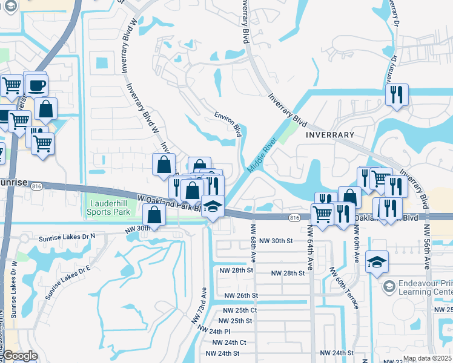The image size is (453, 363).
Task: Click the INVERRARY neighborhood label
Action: click(x=330, y=134)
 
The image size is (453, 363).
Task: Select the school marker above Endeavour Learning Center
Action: click(x=377, y=263)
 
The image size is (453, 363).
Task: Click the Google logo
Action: click(x=20, y=356)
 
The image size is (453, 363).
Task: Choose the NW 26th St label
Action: click(x=241, y=296)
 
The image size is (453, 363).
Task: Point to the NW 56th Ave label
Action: click(x=428, y=247)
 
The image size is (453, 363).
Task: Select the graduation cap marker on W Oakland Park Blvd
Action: click(x=212, y=206)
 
